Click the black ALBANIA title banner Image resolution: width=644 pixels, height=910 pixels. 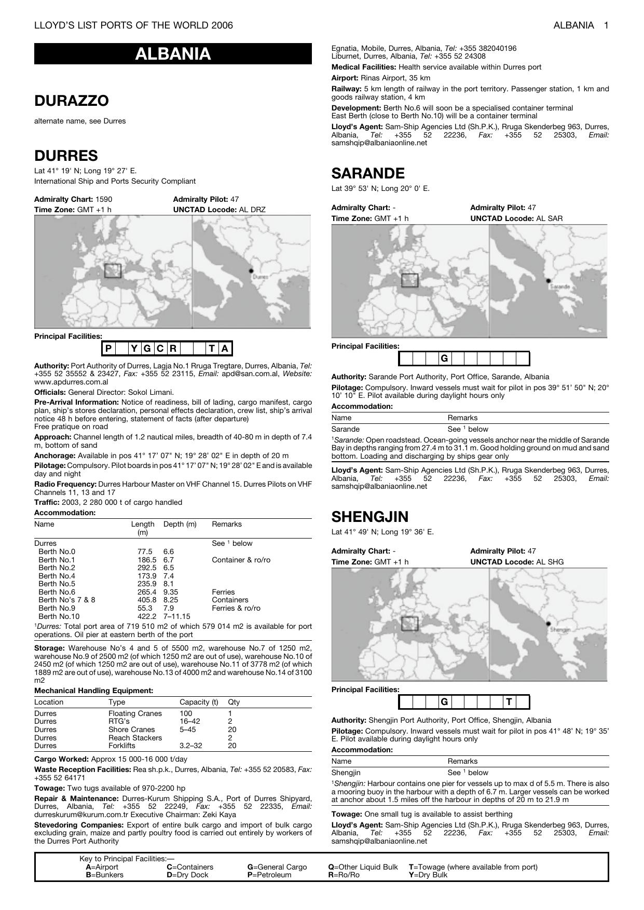point(173,54)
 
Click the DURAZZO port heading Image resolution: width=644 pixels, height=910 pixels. point(72,101)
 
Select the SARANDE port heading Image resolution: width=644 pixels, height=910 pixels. point(368,173)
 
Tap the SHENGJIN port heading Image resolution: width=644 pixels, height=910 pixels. point(370,517)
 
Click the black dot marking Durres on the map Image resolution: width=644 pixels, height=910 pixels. point(251,271)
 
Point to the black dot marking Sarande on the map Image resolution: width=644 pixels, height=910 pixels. point(549,281)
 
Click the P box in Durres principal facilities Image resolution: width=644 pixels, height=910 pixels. point(108,349)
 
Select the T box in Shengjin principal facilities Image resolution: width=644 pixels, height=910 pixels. point(509,702)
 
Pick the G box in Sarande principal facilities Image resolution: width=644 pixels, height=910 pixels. point(444,359)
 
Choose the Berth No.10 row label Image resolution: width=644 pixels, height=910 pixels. point(59,616)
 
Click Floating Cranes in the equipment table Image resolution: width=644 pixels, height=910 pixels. point(135,713)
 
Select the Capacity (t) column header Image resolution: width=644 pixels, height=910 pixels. point(199,702)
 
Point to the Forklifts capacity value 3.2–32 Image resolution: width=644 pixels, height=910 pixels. point(190,746)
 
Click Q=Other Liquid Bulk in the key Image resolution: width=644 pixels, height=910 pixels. point(363,867)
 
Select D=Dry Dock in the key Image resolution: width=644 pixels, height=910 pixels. point(187,875)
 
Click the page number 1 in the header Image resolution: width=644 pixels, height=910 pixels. point(606,25)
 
